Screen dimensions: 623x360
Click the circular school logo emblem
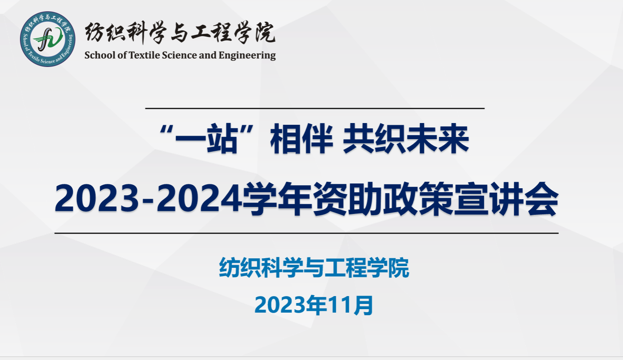click(x=47, y=39)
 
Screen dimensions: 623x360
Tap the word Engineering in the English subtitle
click(x=247, y=55)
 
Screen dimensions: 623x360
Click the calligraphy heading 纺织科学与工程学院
click(x=180, y=33)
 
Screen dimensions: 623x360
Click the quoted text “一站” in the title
click(x=207, y=138)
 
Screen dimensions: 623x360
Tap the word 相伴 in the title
click(x=302, y=138)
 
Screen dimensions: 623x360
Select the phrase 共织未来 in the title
click(x=406, y=138)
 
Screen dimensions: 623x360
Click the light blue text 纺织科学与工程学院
click(x=314, y=267)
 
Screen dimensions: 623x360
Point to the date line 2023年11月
click(x=314, y=305)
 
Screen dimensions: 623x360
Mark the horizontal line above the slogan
click(x=315, y=108)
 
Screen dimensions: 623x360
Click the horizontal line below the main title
click(x=306, y=233)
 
